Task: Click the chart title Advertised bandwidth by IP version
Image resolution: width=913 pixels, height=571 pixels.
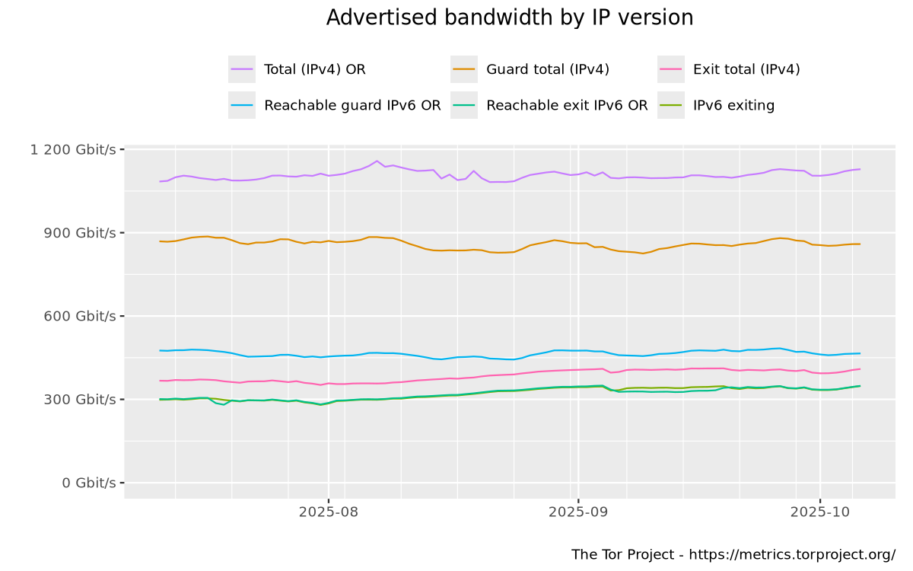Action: click(510, 18)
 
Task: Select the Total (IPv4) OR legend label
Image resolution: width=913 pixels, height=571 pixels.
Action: click(314, 69)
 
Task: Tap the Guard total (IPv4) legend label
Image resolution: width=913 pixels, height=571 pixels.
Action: click(548, 69)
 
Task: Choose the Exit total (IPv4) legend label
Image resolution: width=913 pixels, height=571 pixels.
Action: click(746, 69)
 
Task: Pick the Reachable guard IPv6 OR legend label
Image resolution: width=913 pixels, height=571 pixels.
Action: click(352, 106)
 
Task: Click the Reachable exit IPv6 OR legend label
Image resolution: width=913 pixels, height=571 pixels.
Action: click(567, 106)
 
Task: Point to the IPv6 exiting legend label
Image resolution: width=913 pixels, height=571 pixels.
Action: click(733, 106)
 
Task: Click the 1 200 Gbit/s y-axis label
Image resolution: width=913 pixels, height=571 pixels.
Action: click(73, 149)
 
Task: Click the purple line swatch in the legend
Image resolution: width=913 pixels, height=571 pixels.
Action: click(241, 69)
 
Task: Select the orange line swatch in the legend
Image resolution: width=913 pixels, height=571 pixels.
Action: click(463, 69)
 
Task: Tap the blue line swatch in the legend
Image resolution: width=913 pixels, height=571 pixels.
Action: click(241, 106)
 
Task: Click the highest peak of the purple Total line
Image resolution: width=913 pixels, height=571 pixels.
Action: click(377, 161)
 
